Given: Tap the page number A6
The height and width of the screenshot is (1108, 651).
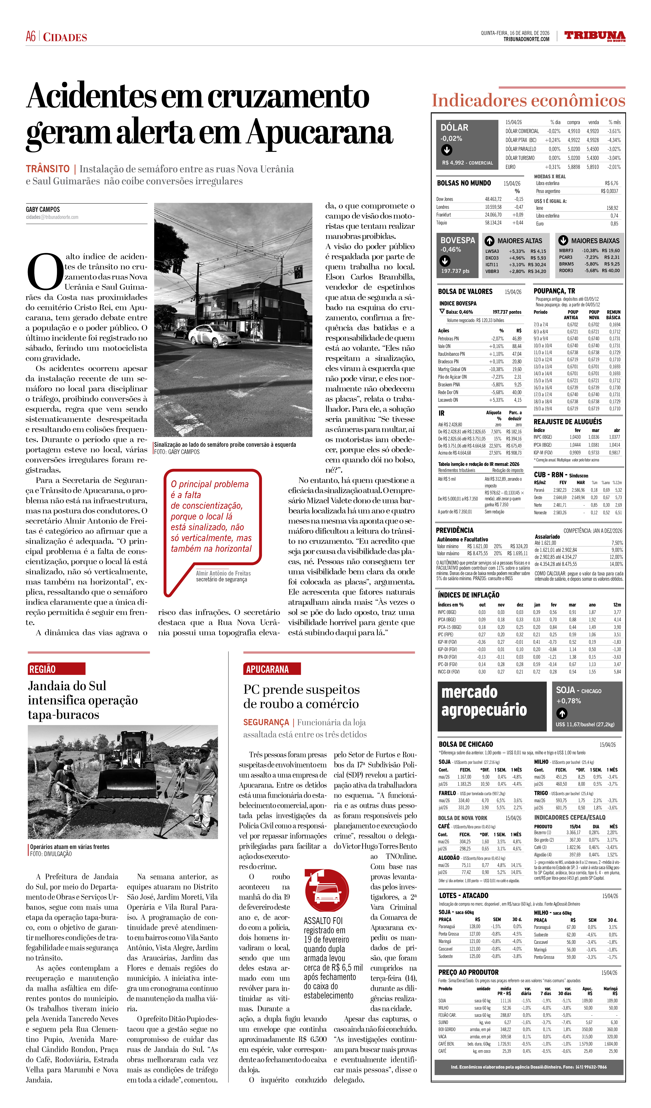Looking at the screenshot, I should [x=31, y=36].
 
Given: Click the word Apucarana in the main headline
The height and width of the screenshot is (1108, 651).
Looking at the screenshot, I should [x=320, y=132].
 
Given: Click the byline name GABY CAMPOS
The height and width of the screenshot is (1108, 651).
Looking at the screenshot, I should [x=43, y=209].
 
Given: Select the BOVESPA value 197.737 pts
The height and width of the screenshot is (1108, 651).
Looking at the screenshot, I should [x=455, y=271].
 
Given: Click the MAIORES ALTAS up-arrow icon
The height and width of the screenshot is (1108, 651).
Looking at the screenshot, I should [x=489, y=241].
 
